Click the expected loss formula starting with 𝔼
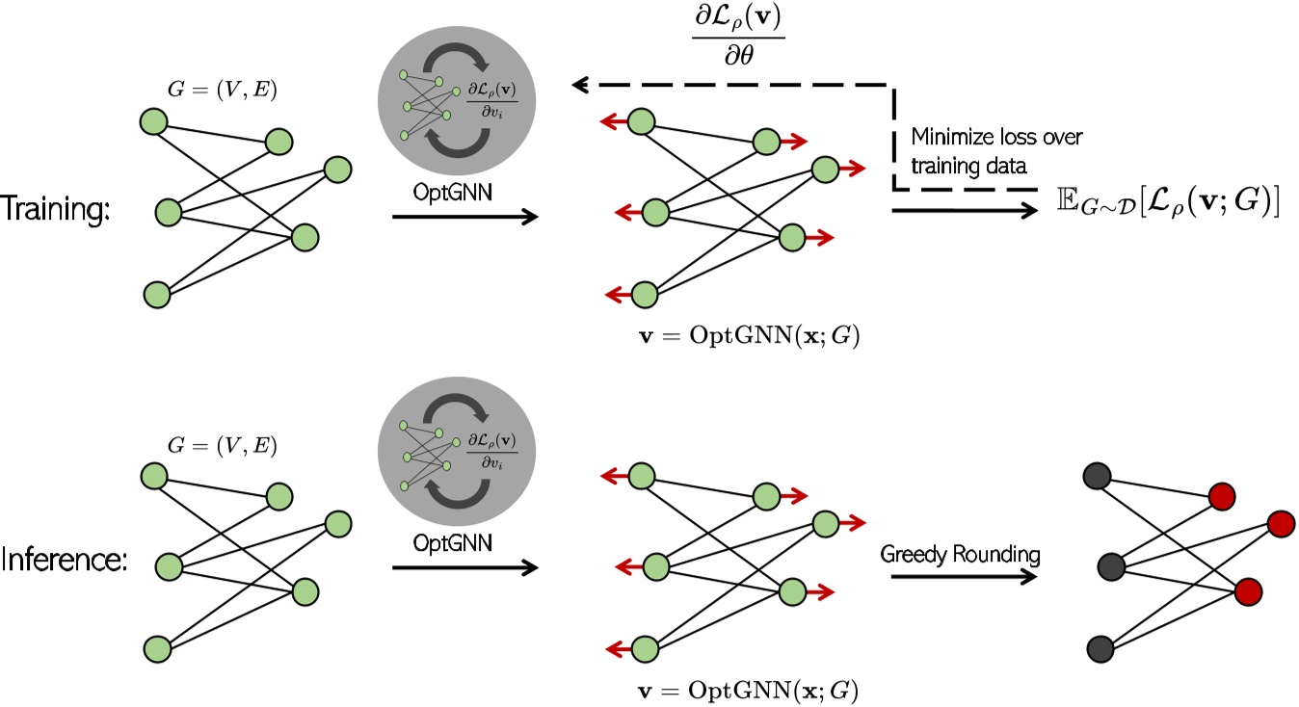click(1167, 205)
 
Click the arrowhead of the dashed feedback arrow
click(579, 87)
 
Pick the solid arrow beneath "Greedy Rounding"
click(965, 576)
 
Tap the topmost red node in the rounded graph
click(1222, 496)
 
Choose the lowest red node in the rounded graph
click(1248, 589)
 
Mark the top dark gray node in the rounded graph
click(1097, 476)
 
